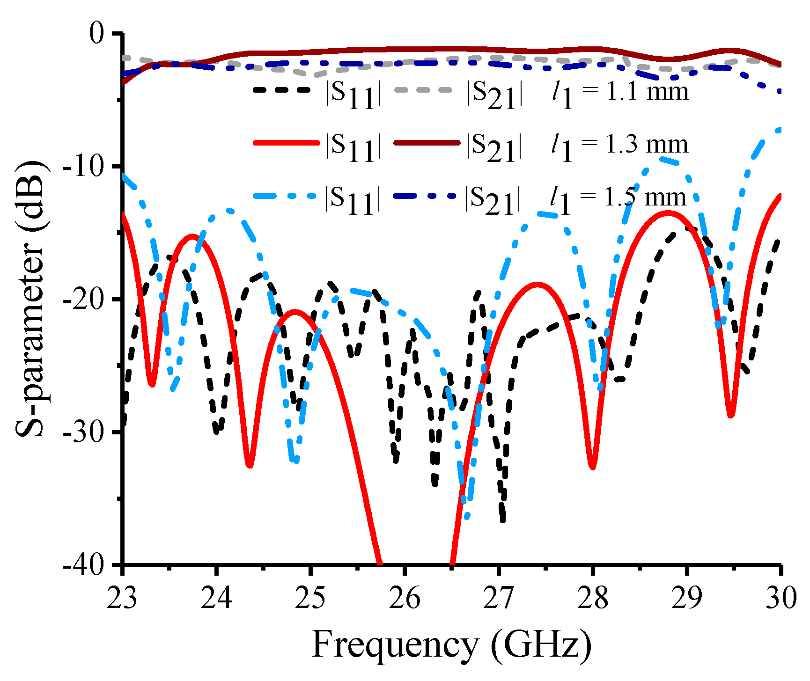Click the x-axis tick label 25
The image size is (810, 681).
(x=311, y=599)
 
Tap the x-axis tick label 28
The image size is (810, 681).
(x=593, y=599)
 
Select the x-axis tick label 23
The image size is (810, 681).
(x=123, y=599)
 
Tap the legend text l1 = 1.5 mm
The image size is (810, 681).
(x=618, y=198)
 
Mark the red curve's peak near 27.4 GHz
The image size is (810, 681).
(x=538, y=284)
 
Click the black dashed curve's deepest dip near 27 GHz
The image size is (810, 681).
(x=502, y=520)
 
